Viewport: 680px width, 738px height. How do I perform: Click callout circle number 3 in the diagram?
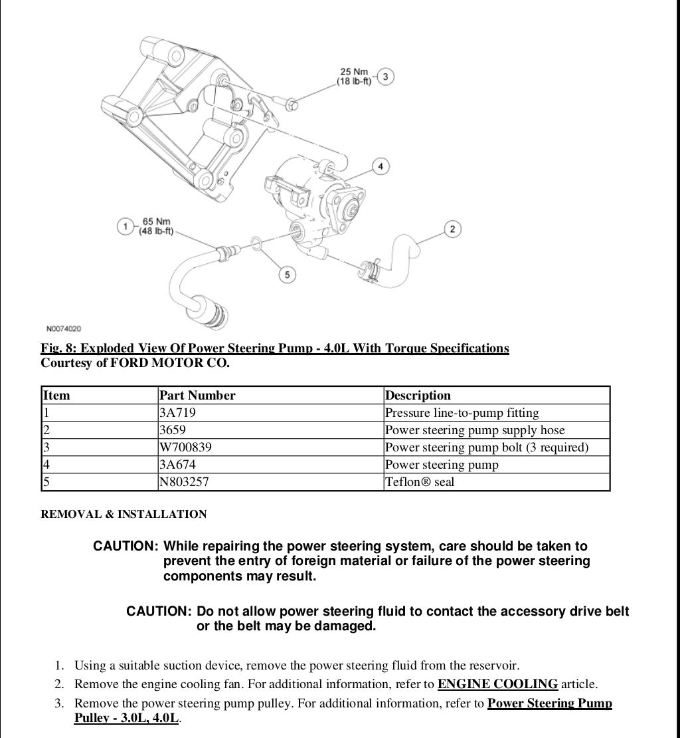386,76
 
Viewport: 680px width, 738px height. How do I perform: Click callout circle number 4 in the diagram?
380,166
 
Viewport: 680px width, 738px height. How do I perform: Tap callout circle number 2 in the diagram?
452,229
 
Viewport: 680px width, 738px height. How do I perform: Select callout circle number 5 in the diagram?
287,274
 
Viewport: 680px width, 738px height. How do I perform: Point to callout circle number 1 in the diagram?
124,226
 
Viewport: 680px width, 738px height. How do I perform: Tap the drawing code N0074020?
64,328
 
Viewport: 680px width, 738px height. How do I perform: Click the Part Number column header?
198,396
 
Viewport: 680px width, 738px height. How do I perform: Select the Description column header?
418,396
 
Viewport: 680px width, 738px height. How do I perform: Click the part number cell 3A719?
178,413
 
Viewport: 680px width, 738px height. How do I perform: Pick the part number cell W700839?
186,447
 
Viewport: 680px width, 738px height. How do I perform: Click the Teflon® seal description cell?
420,482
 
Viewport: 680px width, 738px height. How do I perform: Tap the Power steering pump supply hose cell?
475,430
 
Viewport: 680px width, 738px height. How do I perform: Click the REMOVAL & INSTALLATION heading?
124,514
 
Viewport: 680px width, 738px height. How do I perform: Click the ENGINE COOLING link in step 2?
497,684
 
